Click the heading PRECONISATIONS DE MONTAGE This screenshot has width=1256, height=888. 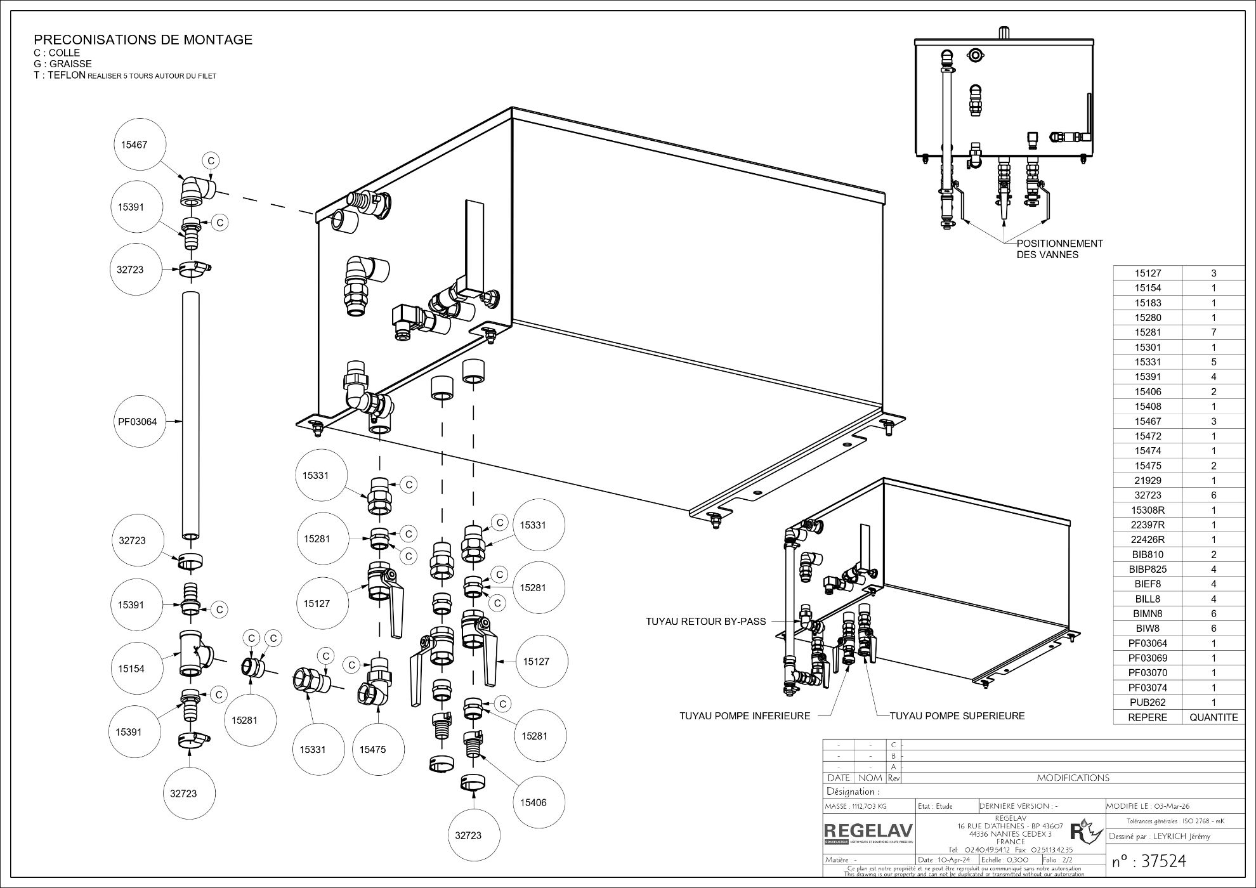(143, 40)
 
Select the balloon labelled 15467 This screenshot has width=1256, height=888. (134, 145)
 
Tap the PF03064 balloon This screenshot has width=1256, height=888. (137, 421)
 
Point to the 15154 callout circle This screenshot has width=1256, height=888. (132, 669)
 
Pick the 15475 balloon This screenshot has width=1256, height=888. (372, 749)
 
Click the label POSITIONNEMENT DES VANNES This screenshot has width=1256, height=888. (1059, 249)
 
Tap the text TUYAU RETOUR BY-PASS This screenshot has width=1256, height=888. (705, 622)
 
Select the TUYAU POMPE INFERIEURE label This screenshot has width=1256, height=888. (745, 716)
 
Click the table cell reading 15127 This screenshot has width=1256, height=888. (1148, 273)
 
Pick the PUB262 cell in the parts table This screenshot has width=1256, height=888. (1148, 702)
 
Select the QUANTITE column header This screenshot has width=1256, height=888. (1213, 717)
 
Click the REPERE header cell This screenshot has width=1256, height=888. (1148, 717)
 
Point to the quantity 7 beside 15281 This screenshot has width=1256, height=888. (1213, 332)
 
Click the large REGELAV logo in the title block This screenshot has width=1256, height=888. (868, 831)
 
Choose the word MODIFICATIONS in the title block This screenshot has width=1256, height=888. (1073, 778)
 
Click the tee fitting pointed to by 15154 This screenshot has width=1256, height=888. (193, 653)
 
